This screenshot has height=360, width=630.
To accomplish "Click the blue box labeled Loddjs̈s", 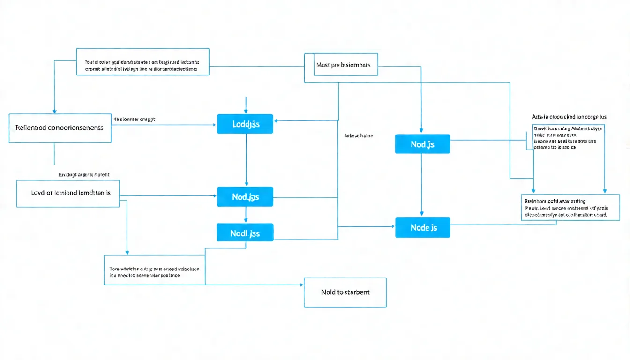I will coord(245,124).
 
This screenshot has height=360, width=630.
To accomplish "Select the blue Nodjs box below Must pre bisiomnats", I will coord(422,144).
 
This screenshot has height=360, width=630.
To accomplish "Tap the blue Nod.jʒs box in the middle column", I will coord(245,197).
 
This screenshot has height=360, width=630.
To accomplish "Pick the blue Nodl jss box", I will coord(245,232).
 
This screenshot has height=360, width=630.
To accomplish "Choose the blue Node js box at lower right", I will coord(423,227).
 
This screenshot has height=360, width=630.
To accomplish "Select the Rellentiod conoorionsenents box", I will coord(60,127).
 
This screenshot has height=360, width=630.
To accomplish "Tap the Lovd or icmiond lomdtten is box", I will coord(68,193).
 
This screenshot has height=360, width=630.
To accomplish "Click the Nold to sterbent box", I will coord(345,292).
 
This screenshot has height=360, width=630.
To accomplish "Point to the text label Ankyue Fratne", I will coord(358,135).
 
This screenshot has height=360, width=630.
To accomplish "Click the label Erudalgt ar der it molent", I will coord(83,174).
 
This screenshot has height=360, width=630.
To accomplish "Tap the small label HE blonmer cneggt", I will coord(134,119).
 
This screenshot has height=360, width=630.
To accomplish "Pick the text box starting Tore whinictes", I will coord(154,272).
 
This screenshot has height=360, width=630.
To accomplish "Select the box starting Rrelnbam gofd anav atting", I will coord(570,207).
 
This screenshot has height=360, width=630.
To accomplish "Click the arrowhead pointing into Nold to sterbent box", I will coord(301,285).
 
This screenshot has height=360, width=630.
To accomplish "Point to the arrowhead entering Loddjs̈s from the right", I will coord(277,121).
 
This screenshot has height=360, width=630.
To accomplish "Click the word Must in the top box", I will coord(323,65).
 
